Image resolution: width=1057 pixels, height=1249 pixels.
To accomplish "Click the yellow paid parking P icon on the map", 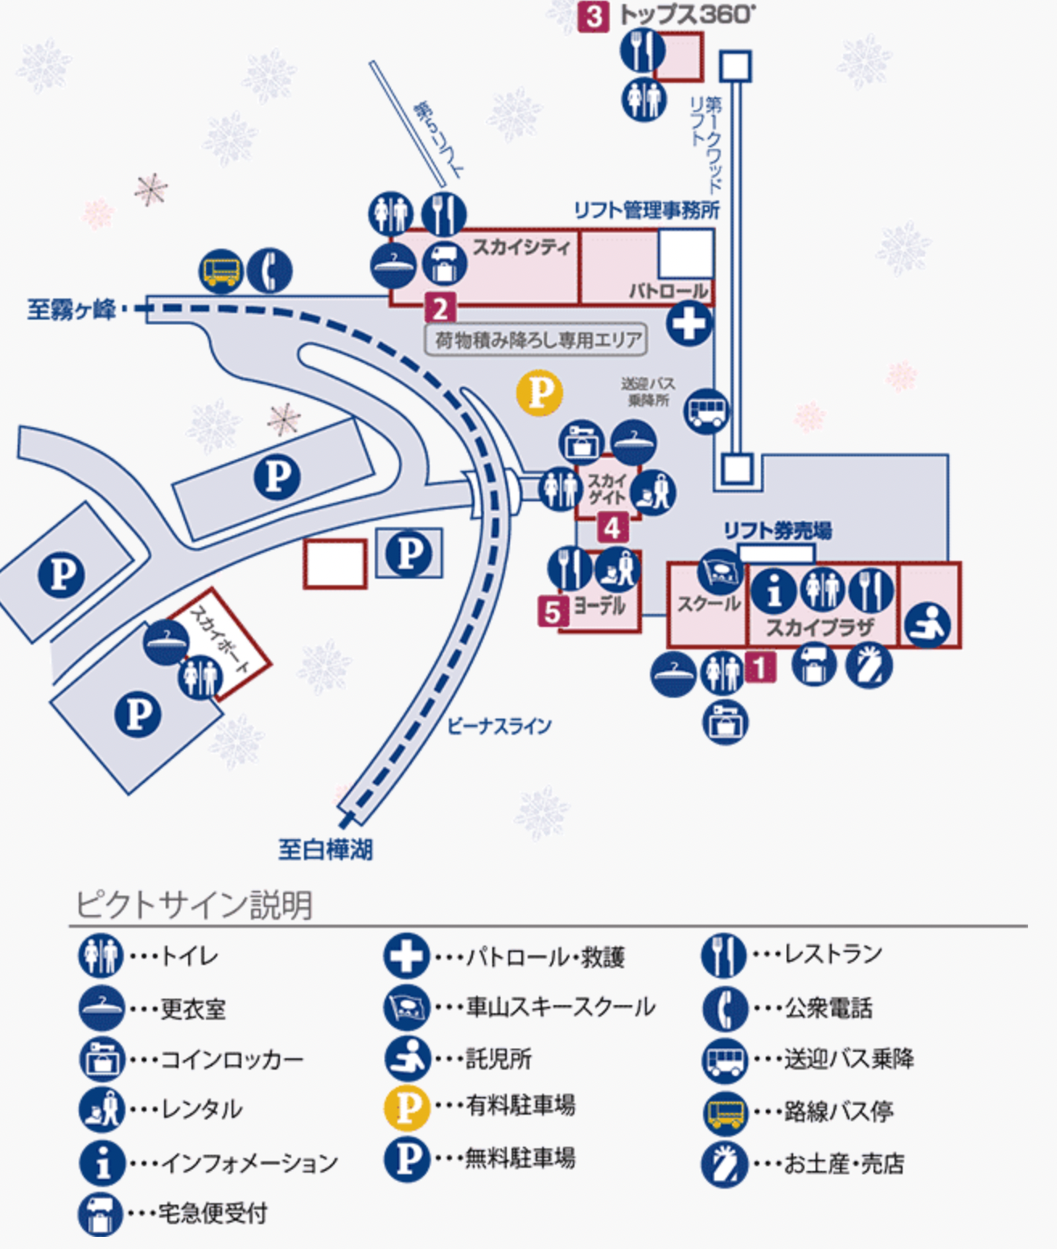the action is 540,393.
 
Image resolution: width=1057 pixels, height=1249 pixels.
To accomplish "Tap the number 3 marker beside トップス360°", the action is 593,16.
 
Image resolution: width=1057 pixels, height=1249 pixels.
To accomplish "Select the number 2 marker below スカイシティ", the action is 440,308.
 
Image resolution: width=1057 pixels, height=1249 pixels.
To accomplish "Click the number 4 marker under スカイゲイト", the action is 612,528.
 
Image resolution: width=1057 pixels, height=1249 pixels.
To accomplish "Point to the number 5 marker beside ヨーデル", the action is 552,612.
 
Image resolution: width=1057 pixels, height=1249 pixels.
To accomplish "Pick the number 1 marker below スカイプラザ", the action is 760,666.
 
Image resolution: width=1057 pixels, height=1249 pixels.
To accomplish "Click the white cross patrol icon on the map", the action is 689,324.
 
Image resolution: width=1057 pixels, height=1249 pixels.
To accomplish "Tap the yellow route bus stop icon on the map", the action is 220,271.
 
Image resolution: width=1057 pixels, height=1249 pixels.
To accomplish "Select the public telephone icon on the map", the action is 269,271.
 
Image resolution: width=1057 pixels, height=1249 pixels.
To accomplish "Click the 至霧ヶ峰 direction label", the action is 72,309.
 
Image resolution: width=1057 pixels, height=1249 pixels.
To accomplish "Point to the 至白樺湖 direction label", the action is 325,849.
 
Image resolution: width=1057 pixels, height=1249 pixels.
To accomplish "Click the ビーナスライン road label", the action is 500,726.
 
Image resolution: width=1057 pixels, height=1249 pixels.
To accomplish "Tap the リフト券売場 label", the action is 777,530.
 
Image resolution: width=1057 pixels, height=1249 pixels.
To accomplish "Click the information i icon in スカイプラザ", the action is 773,592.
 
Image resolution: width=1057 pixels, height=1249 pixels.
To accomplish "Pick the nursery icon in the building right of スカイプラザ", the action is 927,624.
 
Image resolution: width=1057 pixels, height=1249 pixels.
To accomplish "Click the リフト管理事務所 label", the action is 647,210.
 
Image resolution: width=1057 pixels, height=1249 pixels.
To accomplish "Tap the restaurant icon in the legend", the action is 723,955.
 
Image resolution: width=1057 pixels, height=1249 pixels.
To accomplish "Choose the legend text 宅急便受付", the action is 213,1213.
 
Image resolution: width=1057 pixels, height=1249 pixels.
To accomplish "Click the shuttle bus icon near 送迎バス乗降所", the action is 706,410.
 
